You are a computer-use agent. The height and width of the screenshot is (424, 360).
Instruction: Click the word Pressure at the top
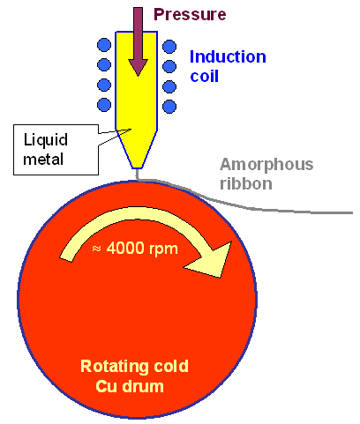click(x=190, y=15)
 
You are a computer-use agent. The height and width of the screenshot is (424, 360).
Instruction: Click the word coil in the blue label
click(x=207, y=77)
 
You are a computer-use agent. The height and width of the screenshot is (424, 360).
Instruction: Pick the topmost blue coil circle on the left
click(x=104, y=44)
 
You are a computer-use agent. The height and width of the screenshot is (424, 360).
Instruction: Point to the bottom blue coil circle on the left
click(x=104, y=105)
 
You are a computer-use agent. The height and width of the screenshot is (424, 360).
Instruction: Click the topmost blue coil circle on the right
click(x=169, y=45)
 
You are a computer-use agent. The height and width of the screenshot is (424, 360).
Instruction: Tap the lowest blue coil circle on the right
click(x=169, y=106)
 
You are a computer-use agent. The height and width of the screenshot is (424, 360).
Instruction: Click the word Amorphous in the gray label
click(x=266, y=165)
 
